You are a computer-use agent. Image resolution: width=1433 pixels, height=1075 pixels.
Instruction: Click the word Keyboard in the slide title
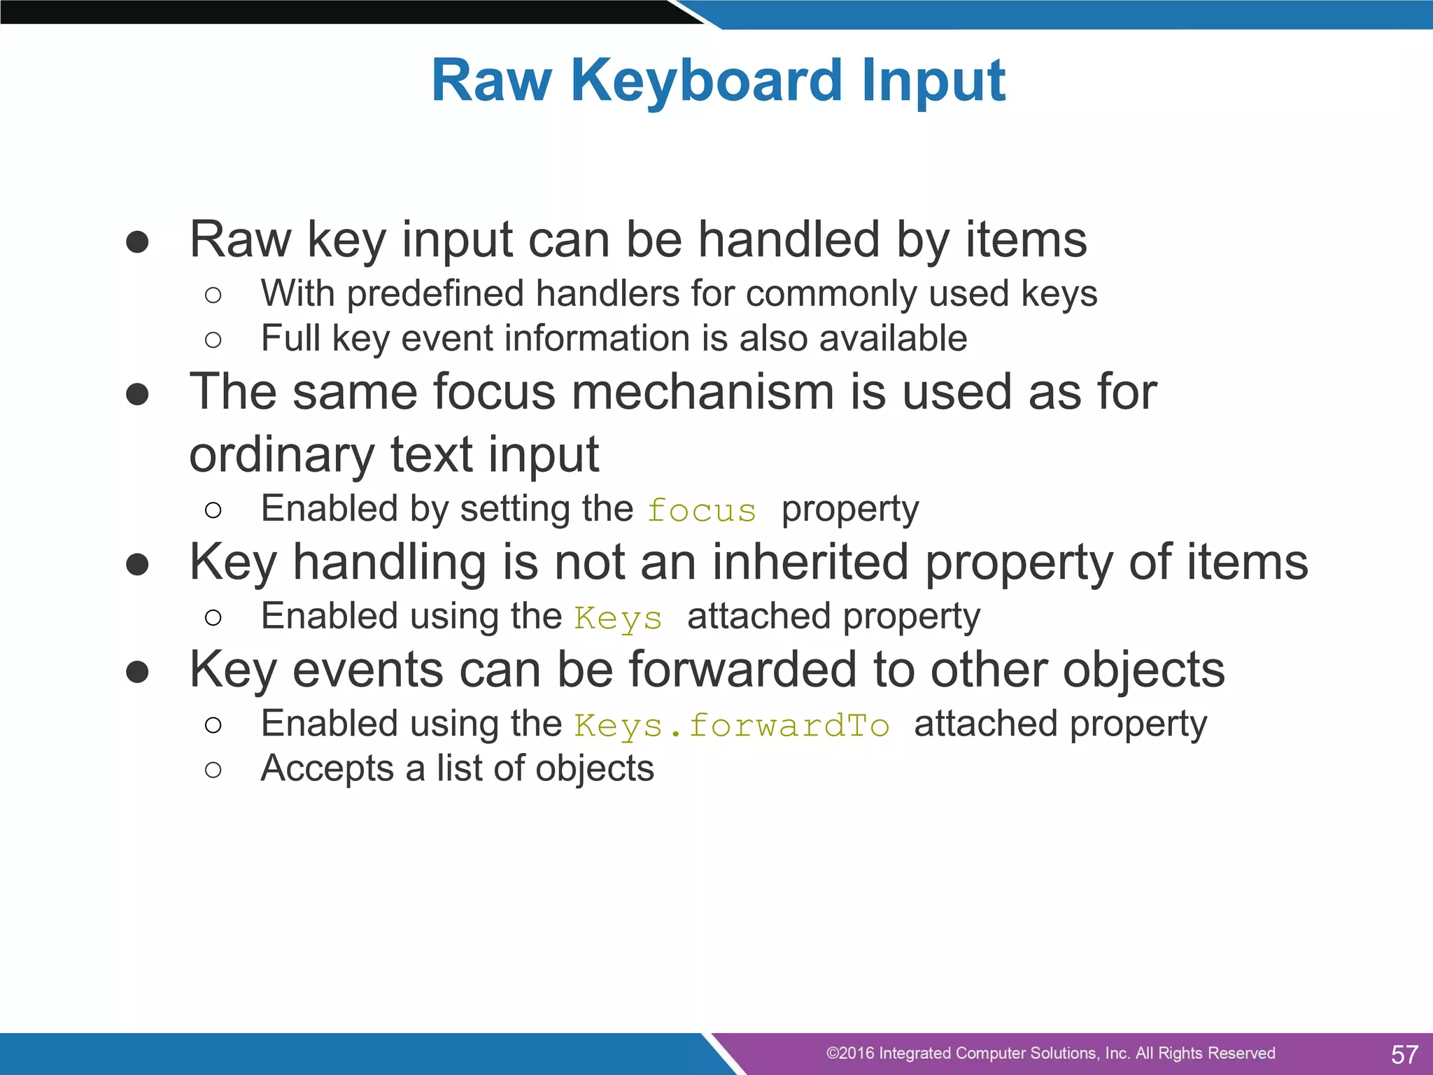pyautogui.click(x=707, y=81)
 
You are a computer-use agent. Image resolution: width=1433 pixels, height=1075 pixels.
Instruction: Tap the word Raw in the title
pyautogui.click(x=491, y=81)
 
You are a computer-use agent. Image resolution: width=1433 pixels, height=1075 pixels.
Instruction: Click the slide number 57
pyautogui.click(x=1404, y=1054)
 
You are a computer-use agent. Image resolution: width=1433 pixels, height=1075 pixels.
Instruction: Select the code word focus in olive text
pyautogui.click(x=702, y=511)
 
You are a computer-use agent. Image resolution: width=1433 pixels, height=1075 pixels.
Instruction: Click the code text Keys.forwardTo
pyautogui.click(x=732, y=726)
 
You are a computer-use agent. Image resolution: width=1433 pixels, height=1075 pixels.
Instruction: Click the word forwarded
pyautogui.click(x=742, y=670)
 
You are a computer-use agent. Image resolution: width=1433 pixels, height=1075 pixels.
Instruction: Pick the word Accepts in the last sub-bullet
pyautogui.click(x=327, y=769)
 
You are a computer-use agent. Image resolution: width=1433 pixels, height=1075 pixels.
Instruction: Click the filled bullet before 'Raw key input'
pyautogui.click(x=137, y=242)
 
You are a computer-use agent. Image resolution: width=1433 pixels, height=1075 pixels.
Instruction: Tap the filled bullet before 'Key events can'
pyautogui.click(x=137, y=672)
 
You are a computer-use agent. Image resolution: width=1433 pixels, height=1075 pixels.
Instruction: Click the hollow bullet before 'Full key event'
pyautogui.click(x=213, y=341)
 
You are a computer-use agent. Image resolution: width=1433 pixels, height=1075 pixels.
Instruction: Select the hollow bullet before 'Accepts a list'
pyautogui.click(x=213, y=771)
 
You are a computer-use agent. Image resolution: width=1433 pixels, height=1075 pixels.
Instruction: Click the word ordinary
pyautogui.click(x=282, y=455)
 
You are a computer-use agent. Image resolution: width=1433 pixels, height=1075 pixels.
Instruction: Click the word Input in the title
pyautogui.click(x=933, y=81)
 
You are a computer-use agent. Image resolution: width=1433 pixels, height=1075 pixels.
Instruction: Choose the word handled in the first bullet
pyautogui.click(x=789, y=240)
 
